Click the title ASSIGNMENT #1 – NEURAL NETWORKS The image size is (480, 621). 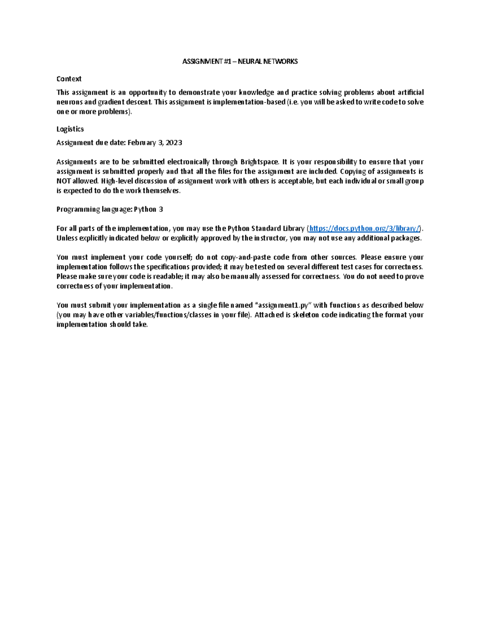[240, 62]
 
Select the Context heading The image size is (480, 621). [69, 79]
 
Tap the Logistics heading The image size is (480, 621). [70, 129]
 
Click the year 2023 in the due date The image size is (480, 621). [174, 143]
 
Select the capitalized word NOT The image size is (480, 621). [64, 181]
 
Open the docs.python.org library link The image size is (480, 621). [364, 228]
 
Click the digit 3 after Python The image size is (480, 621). [161, 210]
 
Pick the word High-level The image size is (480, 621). [116, 181]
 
